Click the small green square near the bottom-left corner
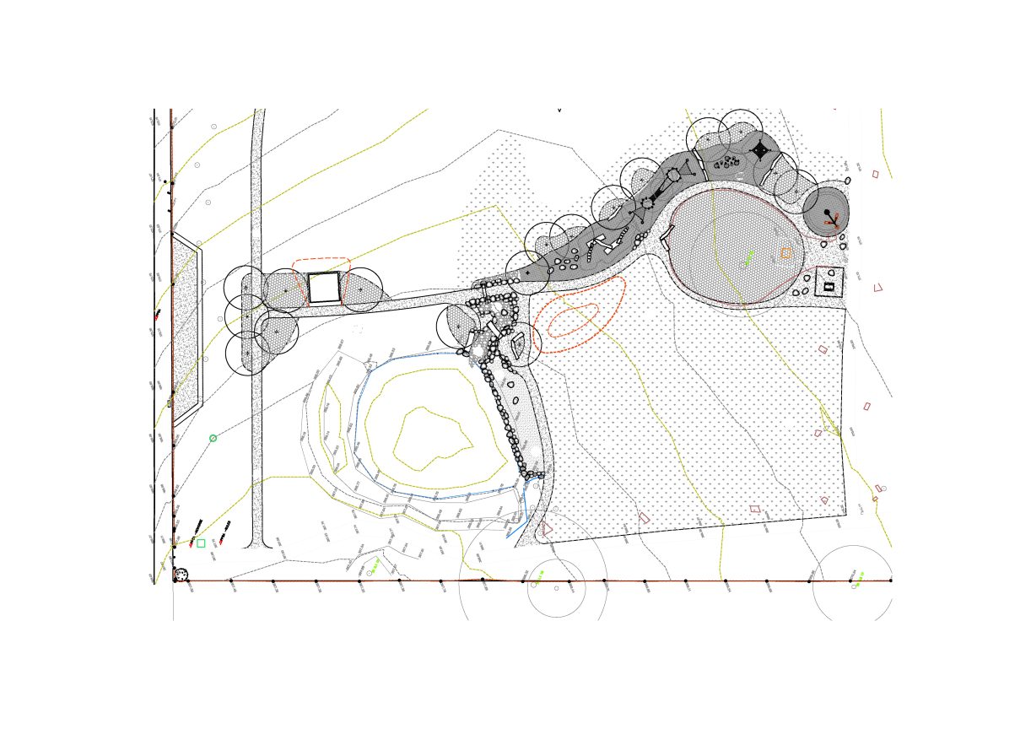201,543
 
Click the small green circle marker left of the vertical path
213,438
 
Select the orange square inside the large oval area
785,253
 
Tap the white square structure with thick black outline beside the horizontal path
323,288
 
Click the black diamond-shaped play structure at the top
760,150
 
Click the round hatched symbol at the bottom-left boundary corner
181,575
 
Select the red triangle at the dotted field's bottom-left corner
546,528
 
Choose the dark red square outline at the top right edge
875,174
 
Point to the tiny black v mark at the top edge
559,110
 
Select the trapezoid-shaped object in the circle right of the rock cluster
518,344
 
